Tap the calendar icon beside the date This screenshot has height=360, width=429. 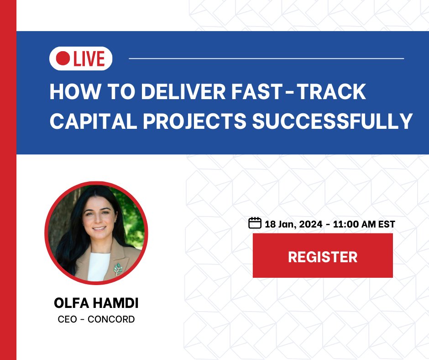[254, 223]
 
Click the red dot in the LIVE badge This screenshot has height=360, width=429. [62, 59]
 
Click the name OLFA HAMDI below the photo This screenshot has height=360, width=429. [96, 303]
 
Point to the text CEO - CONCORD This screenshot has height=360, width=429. [96, 319]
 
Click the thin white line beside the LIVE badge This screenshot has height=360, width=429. [267, 58]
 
